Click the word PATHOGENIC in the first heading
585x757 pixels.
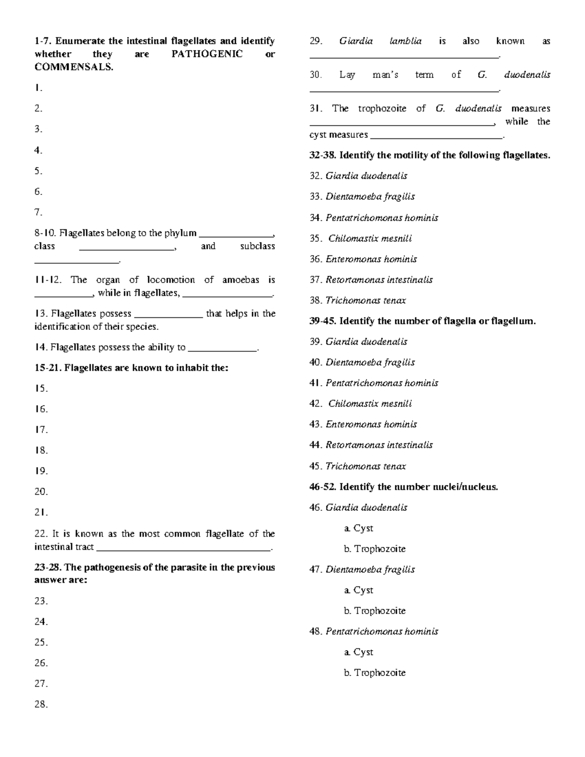(x=207, y=54)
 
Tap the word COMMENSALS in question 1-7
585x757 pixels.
(x=73, y=67)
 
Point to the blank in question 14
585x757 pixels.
(x=223, y=348)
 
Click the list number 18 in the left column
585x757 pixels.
(x=41, y=450)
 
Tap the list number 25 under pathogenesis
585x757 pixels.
(x=41, y=642)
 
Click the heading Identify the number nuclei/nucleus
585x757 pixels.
(x=418, y=487)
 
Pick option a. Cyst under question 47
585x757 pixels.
(x=358, y=590)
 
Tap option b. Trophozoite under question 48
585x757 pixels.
(x=374, y=673)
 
